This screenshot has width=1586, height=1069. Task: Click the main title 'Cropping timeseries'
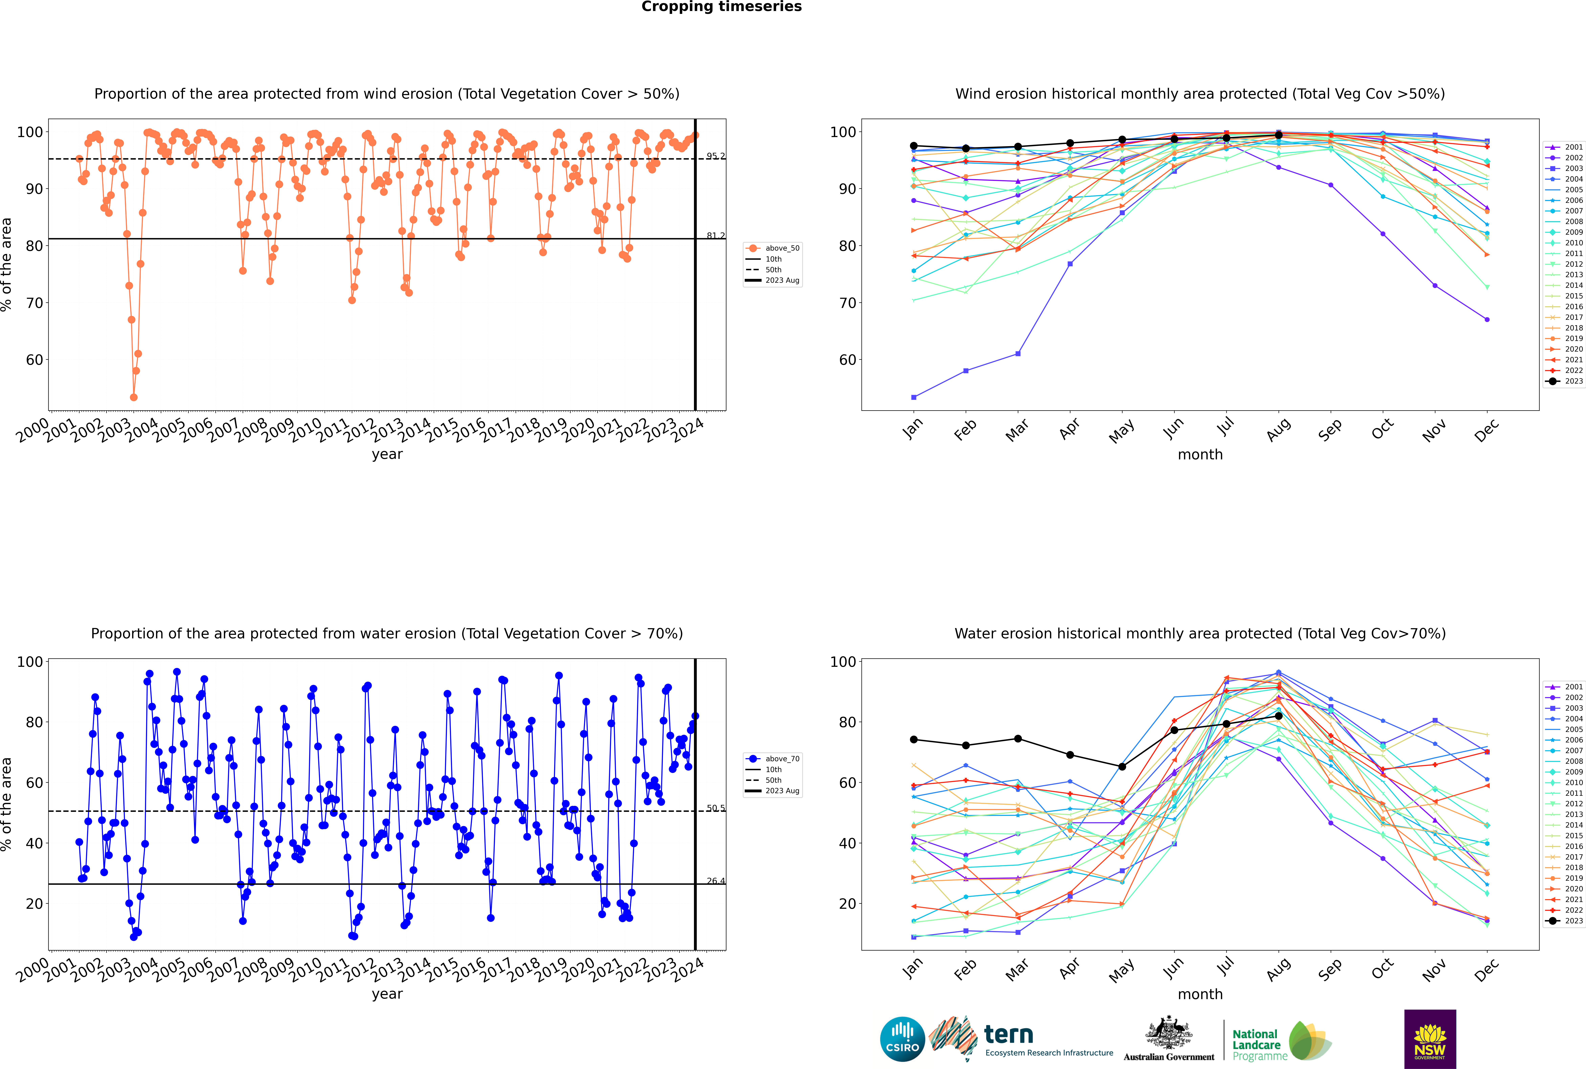tap(721, 7)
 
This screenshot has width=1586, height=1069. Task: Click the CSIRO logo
tap(902, 1040)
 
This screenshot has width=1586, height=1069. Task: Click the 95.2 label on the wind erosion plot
tap(715, 156)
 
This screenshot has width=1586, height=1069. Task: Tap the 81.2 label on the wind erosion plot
tap(715, 236)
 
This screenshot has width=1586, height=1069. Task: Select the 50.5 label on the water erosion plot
tap(715, 809)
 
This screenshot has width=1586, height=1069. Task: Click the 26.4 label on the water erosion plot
tap(715, 882)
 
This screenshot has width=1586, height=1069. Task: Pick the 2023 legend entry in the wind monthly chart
tap(1565, 381)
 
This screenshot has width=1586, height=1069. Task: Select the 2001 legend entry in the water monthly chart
tap(1565, 687)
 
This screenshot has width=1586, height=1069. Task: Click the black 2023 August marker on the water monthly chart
tap(1279, 716)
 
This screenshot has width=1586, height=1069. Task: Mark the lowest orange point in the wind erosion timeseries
tap(134, 397)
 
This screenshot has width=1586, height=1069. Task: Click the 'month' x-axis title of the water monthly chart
tap(1200, 995)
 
